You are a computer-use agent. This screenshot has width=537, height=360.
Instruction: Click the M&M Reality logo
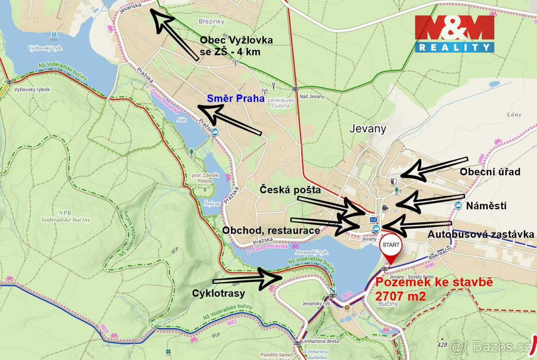pyautogui.click(x=454, y=34)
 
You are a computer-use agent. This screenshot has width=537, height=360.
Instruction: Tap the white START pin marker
pyautogui.click(x=391, y=247)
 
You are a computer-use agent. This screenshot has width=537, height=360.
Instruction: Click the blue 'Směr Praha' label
pyautogui.click(x=235, y=98)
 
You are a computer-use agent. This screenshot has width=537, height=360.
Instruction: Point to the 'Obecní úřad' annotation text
pyautogui.click(x=490, y=172)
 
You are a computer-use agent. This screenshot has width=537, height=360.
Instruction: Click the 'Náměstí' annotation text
pyautogui.click(x=486, y=206)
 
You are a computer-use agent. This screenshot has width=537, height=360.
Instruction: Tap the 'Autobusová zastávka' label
pyautogui.click(x=481, y=234)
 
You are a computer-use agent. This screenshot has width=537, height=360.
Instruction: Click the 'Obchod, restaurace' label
pyautogui.click(x=271, y=230)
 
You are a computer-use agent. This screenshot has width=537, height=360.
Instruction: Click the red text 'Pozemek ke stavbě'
pyautogui.click(x=434, y=283)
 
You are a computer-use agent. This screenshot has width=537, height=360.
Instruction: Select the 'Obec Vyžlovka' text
pyautogui.click(x=236, y=40)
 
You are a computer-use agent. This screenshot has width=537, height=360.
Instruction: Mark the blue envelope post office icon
pyautogui.click(x=373, y=220)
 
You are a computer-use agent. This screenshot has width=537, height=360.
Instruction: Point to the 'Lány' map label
pyautogui.click(x=514, y=115)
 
